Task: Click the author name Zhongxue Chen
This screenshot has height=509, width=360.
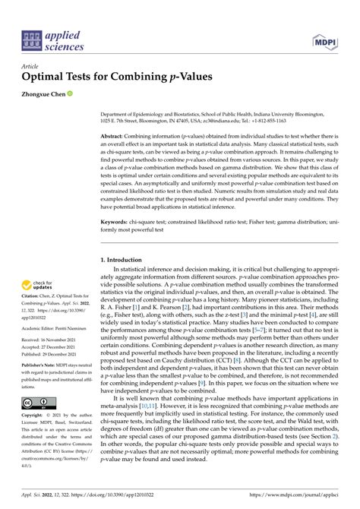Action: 46,94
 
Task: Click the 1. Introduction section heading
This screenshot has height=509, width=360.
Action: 126,260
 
